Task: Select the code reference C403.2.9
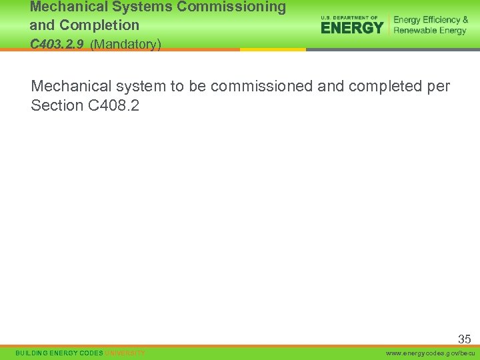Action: [x=57, y=45]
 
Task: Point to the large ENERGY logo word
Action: [x=352, y=27]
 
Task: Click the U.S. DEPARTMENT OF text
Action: [x=349, y=18]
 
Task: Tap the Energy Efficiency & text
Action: [x=431, y=20]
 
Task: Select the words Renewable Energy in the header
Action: [x=430, y=31]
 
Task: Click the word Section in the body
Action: [x=57, y=105]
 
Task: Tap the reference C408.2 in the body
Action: [x=113, y=105]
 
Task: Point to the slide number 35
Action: [x=464, y=339]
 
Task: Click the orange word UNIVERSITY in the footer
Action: [x=125, y=353]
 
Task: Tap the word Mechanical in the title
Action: [x=63, y=8]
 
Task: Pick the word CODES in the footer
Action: [x=91, y=353]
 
